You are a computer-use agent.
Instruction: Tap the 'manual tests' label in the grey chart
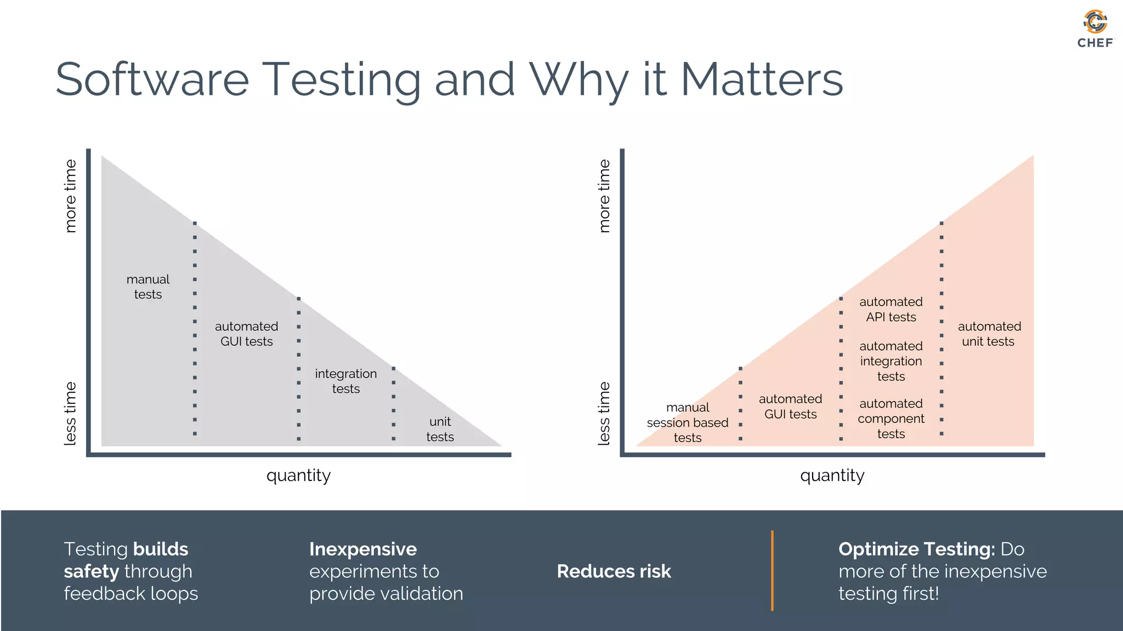tap(148, 287)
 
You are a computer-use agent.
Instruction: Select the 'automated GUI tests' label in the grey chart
tap(247, 334)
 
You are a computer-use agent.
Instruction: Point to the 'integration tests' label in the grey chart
tap(346, 381)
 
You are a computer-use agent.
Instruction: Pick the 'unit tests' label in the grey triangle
tap(440, 429)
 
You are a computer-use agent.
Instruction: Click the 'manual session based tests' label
tap(688, 422)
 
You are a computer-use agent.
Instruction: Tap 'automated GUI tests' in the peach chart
tap(790, 406)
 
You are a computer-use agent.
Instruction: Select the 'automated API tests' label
tap(891, 309)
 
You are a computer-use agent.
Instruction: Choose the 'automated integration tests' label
tap(891, 361)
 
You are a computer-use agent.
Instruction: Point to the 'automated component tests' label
tap(891, 418)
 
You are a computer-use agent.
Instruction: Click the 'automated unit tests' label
tap(989, 334)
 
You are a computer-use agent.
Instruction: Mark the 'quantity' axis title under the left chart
tap(298, 475)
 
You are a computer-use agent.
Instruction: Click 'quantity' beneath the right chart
tap(832, 475)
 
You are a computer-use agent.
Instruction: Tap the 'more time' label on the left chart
tap(70, 196)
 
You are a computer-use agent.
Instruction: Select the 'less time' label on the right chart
tap(604, 414)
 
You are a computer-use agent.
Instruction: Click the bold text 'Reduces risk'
tap(614, 571)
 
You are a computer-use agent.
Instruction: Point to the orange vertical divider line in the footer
tap(772, 570)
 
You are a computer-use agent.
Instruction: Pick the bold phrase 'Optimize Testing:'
tap(916, 549)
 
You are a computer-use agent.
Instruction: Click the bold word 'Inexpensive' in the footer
tap(363, 549)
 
